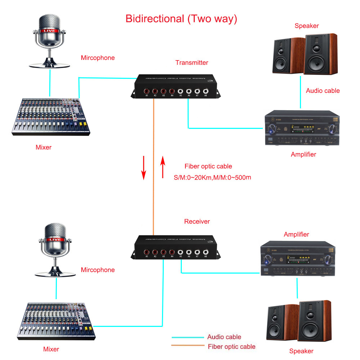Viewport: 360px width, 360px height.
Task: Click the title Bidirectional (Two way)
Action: [181, 19]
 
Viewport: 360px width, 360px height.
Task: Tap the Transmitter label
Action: [192, 63]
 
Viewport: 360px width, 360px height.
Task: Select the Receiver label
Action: [197, 221]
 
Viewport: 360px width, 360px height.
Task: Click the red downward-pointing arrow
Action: [144, 167]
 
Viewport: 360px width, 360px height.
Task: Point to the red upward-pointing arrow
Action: [163, 167]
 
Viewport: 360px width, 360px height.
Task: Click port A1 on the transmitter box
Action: [147, 91]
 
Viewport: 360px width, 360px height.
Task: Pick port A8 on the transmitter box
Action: [206, 91]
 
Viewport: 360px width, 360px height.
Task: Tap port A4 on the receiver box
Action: [172, 252]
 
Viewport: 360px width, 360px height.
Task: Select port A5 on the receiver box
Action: [180, 252]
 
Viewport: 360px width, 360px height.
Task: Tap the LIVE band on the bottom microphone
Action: [54, 239]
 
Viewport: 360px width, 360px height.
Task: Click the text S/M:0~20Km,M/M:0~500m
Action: [212, 177]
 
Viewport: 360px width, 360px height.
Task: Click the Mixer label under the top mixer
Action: [44, 147]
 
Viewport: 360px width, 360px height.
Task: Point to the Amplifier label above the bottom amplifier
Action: [296, 234]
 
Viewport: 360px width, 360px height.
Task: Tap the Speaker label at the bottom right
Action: [301, 351]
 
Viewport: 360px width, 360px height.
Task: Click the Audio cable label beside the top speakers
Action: [323, 91]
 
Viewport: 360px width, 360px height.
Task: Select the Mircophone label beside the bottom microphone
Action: [98, 270]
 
